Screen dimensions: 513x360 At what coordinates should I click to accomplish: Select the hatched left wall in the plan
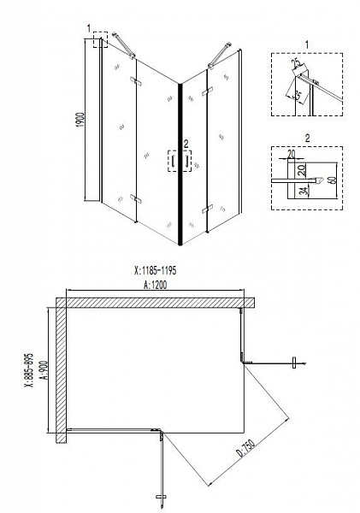point(62,372)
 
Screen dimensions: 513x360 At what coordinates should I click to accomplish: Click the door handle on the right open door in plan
point(296,364)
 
